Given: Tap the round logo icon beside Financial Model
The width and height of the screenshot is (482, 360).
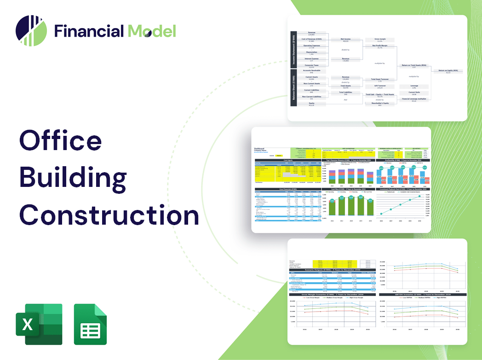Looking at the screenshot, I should (31, 31).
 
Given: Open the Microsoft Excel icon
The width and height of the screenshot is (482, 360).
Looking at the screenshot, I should (39, 324).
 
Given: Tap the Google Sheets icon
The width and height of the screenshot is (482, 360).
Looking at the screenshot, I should (90, 324).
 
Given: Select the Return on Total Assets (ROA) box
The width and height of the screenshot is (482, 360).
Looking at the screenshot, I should (412, 66).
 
